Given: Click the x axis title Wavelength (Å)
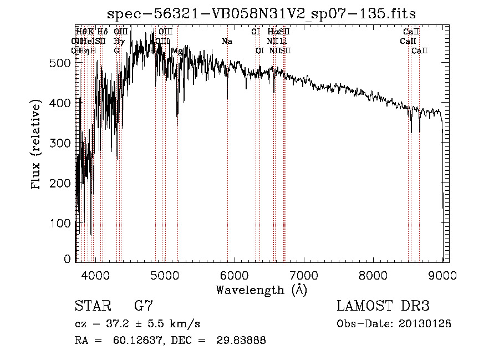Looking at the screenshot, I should pyautogui.click(x=261, y=290).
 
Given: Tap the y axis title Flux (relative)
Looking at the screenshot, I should pyautogui.click(x=37, y=145).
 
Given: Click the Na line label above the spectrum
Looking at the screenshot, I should pyautogui.click(x=227, y=42).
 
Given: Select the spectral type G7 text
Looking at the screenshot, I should pyautogui.click(x=143, y=306).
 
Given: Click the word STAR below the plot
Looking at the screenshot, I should pyautogui.click(x=91, y=306).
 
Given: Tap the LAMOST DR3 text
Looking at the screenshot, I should pyautogui.click(x=383, y=306).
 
